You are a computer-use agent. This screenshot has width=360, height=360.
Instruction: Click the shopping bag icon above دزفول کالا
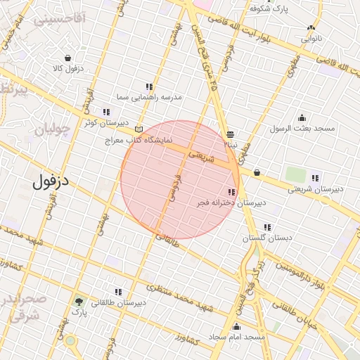coord(67,58)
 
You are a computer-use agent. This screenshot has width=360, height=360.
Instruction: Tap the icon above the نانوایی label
coord(311,28)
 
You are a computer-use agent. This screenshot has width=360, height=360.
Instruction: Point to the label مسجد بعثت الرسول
coord(303,129)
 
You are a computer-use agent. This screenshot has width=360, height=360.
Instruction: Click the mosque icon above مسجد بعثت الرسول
coord(302,117)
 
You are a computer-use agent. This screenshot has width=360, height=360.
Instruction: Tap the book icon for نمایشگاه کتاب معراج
coord(139,129)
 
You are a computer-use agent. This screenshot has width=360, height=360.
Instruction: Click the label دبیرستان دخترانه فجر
coord(231,202)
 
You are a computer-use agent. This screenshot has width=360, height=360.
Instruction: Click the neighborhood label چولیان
coord(53,129)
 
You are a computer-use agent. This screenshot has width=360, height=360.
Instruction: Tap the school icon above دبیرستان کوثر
coord(106,111)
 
